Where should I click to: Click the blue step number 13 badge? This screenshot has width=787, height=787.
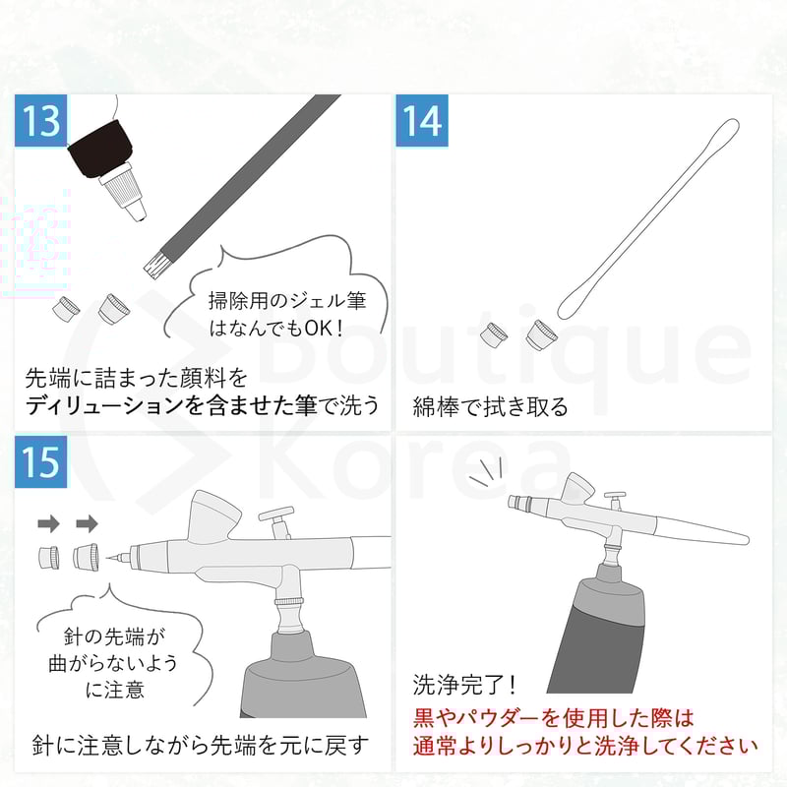click(x=41, y=122)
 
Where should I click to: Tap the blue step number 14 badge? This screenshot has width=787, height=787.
click(x=421, y=122)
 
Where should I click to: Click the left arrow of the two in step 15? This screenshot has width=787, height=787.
click(x=48, y=521)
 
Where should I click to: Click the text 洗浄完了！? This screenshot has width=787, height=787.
click(x=465, y=684)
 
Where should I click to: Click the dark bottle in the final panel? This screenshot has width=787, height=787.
click(x=610, y=630)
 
